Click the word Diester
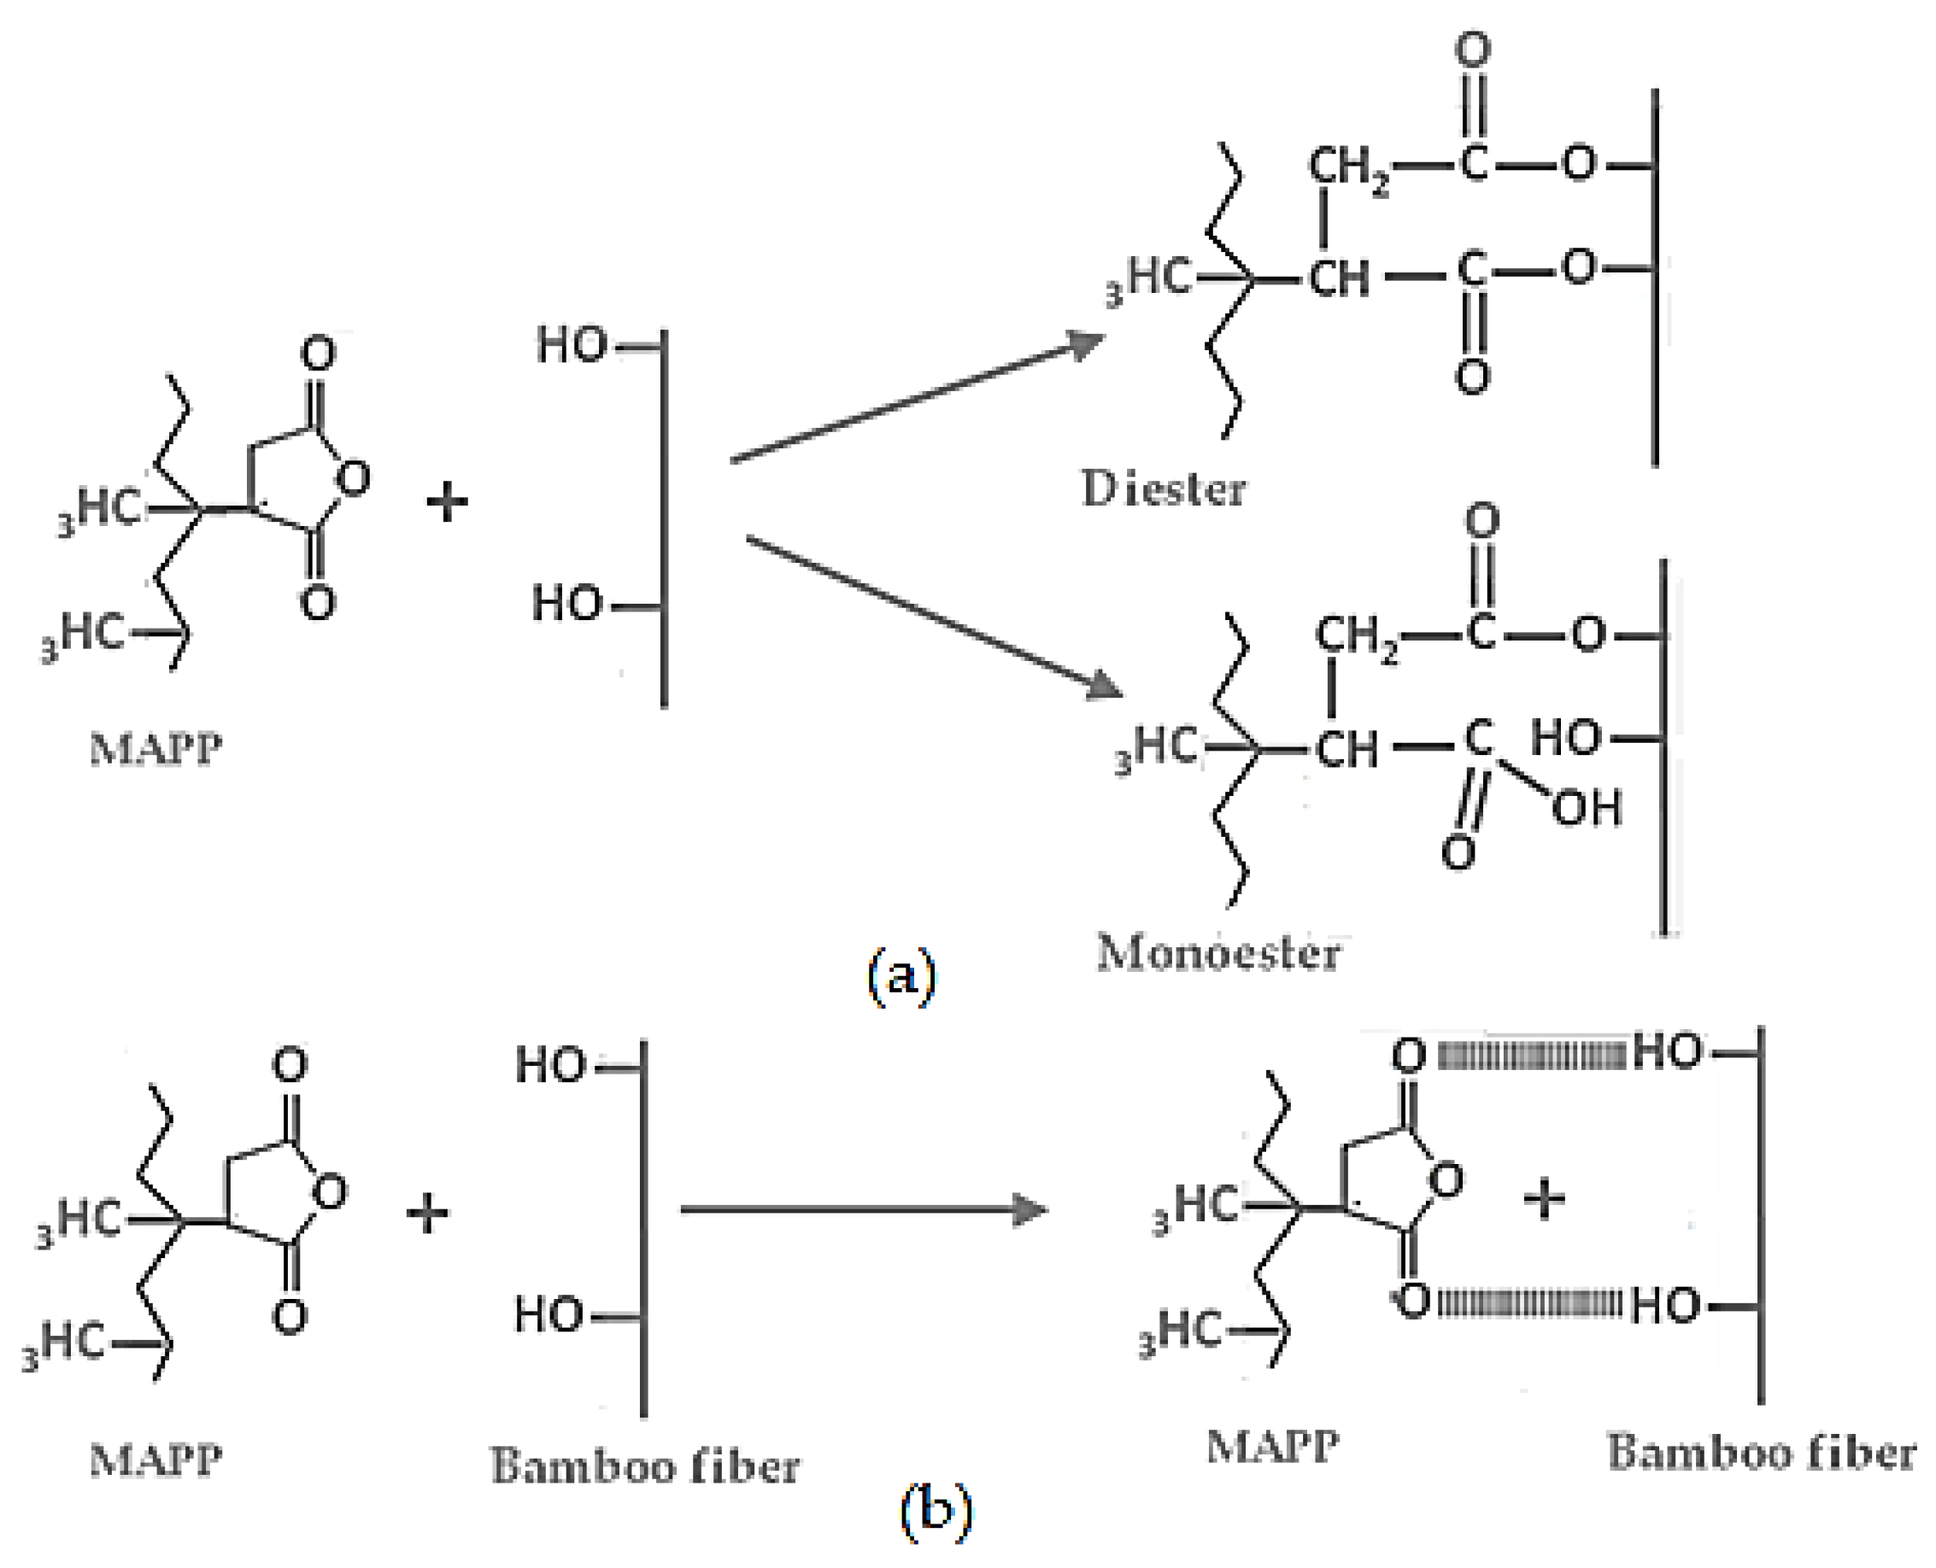(1164, 489)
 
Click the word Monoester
(1217, 953)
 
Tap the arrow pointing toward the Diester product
(917, 398)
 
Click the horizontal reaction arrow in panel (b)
(863, 1209)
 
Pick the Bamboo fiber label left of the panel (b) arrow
(645, 1466)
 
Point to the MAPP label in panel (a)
(155, 750)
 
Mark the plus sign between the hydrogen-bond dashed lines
(1544, 1201)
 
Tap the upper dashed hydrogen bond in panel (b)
(1529, 1054)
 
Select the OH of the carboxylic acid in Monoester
(1587, 806)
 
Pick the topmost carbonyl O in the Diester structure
(1474, 50)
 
